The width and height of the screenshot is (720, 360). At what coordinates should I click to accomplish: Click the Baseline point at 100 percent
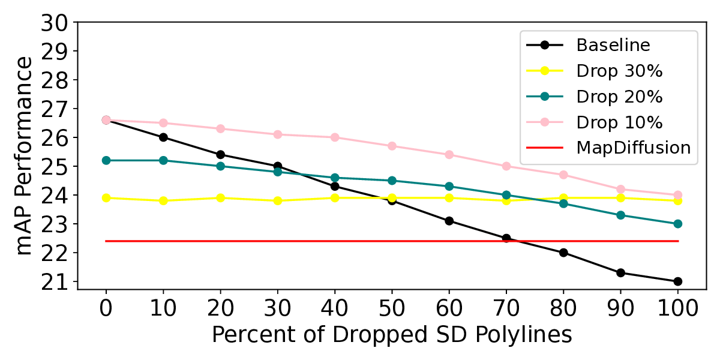[x=677, y=281]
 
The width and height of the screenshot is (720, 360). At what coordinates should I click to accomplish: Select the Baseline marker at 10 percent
[x=163, y=137]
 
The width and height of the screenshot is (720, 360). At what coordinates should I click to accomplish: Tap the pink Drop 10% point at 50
[x=392, y=146]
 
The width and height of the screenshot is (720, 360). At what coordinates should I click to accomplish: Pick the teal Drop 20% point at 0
[x=106, y=160]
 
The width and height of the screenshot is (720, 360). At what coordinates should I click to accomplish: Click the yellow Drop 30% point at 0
[x=106, y=198]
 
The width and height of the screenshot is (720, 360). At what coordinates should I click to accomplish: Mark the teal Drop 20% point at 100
[x=677, y=224]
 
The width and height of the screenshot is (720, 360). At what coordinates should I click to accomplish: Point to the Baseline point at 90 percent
[x=620, y=273]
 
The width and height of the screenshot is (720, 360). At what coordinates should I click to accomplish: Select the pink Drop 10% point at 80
[x=563, y=175]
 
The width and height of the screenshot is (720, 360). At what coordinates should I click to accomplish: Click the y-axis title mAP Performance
[x=23, y=156]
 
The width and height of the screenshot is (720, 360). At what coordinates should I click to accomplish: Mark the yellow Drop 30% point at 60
[x=449, y=198]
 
